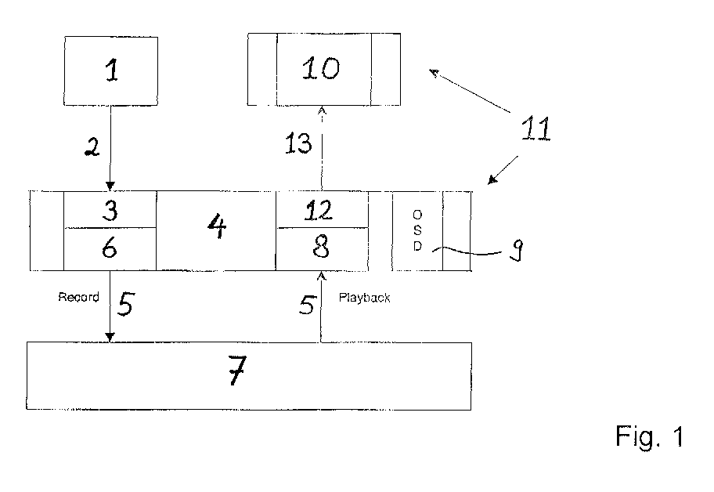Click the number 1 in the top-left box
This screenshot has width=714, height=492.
[112, 71]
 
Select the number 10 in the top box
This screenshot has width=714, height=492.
[321, 68]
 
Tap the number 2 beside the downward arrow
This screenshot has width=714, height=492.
[92, 147]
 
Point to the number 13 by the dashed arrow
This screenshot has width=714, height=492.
[299, 143]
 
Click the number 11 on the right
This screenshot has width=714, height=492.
[536, 128]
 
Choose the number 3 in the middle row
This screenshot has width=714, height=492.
[110, 210]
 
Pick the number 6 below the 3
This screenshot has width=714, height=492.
[110, 248]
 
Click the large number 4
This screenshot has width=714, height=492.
[217, 226]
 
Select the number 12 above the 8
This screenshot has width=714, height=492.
[319, 211]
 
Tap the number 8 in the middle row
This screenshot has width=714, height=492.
[322, 248]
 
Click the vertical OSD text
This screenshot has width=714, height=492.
[417, 230]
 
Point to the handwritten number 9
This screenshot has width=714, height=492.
[517, 250]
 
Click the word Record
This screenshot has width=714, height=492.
[79, 297]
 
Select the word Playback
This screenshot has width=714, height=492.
[364, 298]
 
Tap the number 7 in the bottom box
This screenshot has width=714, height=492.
[238, 370]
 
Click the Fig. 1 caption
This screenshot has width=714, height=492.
[650, 436]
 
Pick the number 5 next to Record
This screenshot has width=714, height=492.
[126, 303]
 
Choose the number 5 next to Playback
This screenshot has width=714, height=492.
[307, 304]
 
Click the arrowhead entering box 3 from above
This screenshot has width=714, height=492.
[110, 186]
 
